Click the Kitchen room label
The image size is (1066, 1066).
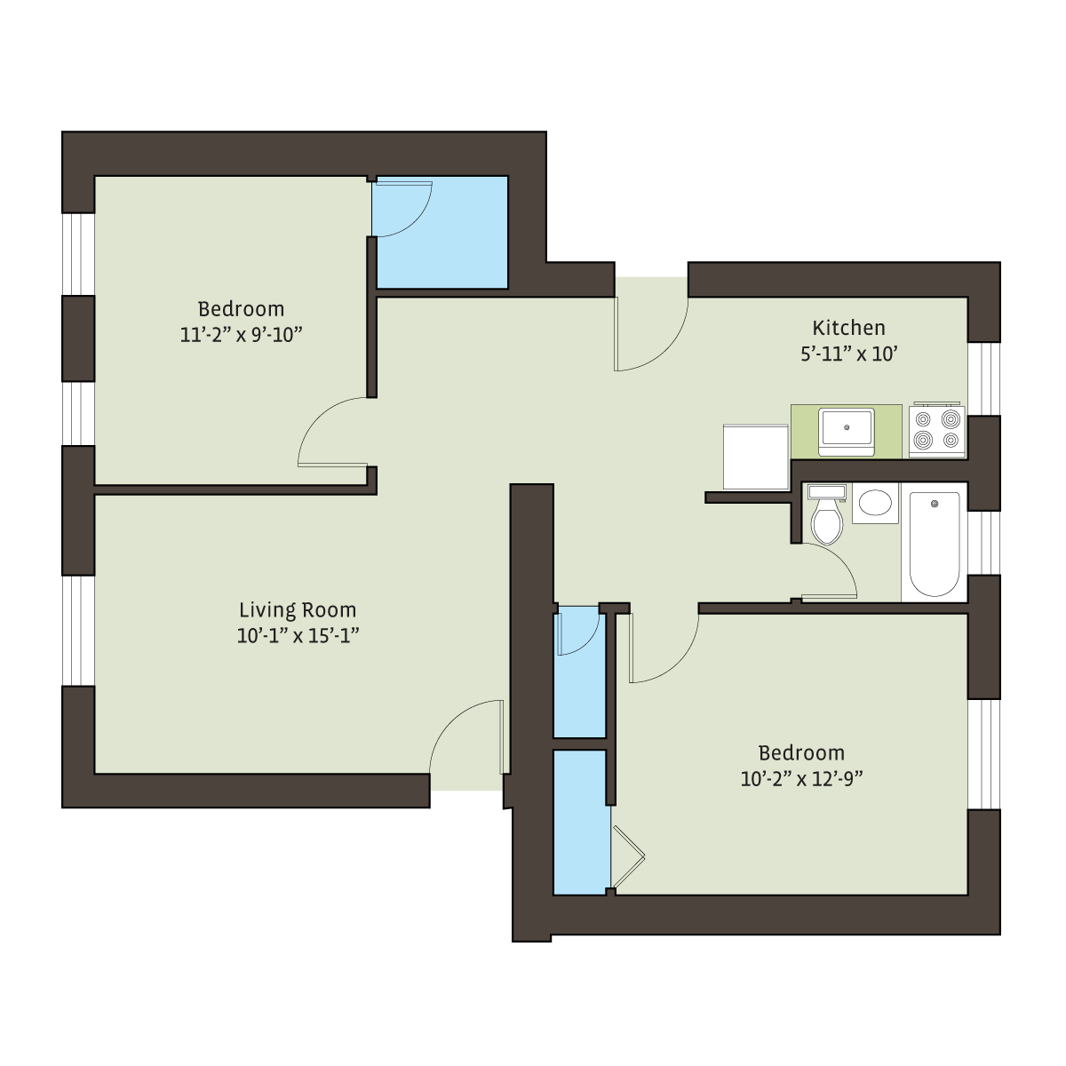(x=848, y=328)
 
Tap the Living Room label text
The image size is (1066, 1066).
(x=298, y=610)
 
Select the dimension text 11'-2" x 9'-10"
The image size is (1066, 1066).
(x=242, y=335)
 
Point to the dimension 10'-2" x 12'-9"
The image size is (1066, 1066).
(x=801, y=779)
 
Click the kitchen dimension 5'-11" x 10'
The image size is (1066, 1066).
(x=848, y=354)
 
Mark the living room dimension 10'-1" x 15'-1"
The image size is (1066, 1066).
(x=298, y=636)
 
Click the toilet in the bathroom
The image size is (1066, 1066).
(x=826, y=514)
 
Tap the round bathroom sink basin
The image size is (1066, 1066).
(x=875, y=503)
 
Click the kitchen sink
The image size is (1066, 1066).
(x=846, y=432)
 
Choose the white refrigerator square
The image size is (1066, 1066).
(x=756, y=457)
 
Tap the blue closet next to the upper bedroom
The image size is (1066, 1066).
(x=441, y=233)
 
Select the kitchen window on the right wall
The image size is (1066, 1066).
(x=983, y=379)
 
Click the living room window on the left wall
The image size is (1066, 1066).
(x=78, y=631)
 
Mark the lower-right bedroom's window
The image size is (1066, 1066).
(x=983, y=754)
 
